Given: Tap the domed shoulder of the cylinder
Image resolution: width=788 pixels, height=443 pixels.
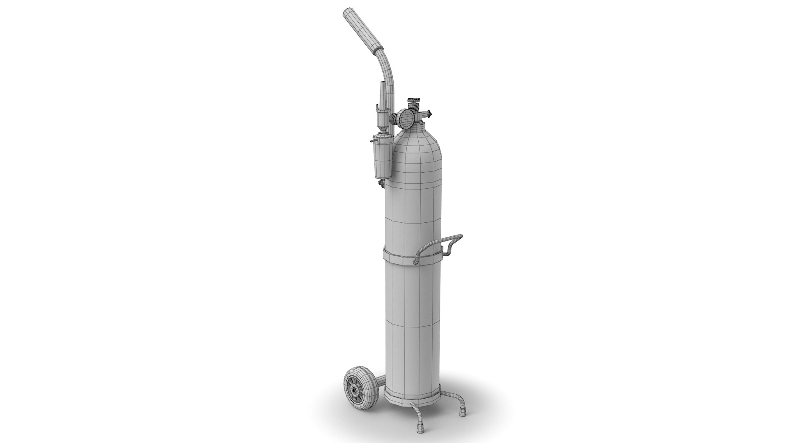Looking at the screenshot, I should [415, 144].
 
